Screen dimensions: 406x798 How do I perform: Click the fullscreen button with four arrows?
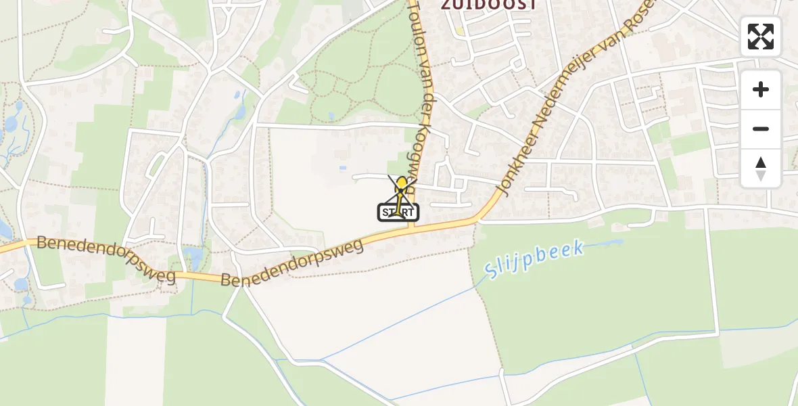pos(761,37)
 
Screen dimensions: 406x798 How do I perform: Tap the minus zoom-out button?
pos(761,129)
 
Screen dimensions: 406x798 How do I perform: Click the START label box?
pos(398,212)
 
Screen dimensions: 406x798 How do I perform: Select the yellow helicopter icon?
pos(402,185)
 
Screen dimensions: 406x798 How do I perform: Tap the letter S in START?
pos(385,212)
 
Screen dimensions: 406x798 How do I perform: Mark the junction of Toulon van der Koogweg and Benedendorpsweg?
pos(410,227)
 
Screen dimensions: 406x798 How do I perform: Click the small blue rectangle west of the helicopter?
pos(343,167)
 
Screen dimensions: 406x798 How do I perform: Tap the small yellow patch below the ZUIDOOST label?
pos(460,30)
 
